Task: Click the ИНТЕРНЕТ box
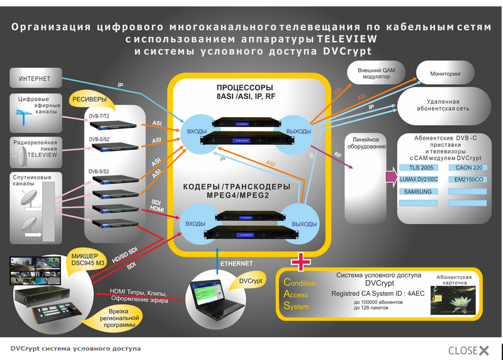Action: pyautogui.click(x=35, y=79)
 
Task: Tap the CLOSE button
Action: pyautogui.click(x=468, y=350)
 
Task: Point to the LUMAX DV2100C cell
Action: pyautogui.click(x=419, y=180)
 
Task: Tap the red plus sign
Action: pyautogui.click(x=300, y=260)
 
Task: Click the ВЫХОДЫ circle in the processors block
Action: pyautogui.click(x=298, y=131)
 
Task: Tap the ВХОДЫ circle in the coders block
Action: pyautogui.click(x=197, y=223)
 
